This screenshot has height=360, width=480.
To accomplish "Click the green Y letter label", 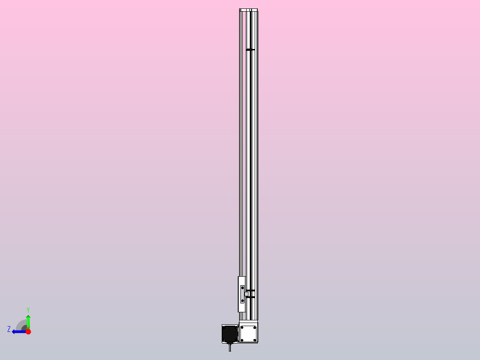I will click(x=28, y=309).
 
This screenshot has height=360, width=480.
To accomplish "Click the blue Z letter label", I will click(x=9, y=329).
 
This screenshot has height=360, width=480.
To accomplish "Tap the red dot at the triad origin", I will click(x=28, y=331).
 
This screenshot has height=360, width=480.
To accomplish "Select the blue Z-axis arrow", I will click(x=19, y=331).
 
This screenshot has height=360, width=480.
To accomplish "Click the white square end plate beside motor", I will click(x=248, y=334).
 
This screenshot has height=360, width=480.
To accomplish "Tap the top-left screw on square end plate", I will click(x=242, y=327).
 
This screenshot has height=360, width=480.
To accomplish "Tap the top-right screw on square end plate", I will click(x=255, y=327).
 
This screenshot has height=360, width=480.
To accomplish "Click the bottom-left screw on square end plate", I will click(x=242, y=340).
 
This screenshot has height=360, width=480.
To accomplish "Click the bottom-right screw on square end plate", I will click(x=255, y=340).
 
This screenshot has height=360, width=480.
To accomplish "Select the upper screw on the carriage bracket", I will click(x=242, y=288).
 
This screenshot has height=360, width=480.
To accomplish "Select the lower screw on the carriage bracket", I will click(x=242, y=301).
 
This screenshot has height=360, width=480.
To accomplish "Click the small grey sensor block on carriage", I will click(x=246, y=294).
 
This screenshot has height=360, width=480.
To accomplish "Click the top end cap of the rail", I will click(x=248, y=10).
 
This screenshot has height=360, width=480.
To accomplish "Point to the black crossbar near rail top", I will click(x=251, y=49).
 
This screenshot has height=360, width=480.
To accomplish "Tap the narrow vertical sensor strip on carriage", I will click(x=242, y=295).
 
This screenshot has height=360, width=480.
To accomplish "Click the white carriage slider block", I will click(x=241, y=307).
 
